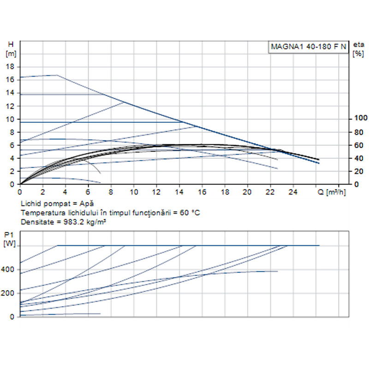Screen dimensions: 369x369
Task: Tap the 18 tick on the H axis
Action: pyautogui.click(x=12, y=66)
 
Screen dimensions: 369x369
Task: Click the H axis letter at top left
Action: pyautogui.click(x=11, y=44)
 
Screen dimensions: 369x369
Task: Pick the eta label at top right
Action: pyautogui.click(x=358, y=45)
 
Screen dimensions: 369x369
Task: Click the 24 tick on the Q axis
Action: pyautogui.click(x=293, y=191)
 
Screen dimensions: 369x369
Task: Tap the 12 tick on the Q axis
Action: pyautogui.click(x=156, y=191)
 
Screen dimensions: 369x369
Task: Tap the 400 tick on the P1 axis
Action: pyautogui.click(x=10, y=269)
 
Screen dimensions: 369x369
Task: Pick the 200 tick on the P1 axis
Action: pyautogui.click(x=10, y=293)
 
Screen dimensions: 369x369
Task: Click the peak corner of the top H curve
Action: pyautogui.click(x=57, y=75)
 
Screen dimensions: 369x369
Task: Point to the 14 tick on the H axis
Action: pyautogui.click(x=12, y=93)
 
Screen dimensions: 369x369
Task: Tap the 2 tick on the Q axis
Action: pyautogui.click(x=42, y=191)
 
